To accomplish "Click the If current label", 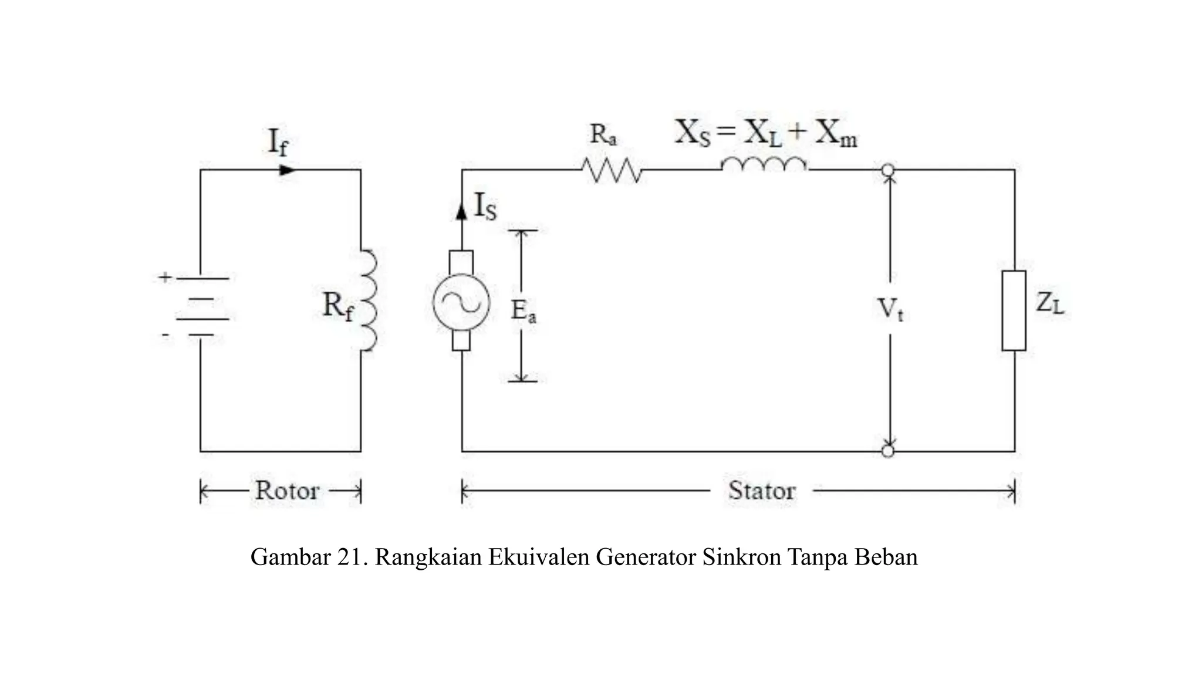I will [278, 143].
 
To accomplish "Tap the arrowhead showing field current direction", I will [286, 170].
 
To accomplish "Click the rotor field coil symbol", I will [368, 300].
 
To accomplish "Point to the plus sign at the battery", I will [165, 277].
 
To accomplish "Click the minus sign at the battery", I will [166, 336].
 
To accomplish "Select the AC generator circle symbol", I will [461, 302].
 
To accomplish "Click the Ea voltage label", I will [523, 311].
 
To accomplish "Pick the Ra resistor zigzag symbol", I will [612, 170].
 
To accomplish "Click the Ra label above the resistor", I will [603, 134].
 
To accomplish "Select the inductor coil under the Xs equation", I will [764, 165].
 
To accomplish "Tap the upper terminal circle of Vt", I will [888, 170].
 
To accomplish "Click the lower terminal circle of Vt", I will [888, 451].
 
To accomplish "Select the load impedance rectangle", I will [1014, 310].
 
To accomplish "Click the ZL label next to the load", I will [1049, 303].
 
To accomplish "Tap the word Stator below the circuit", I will [762, 491].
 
